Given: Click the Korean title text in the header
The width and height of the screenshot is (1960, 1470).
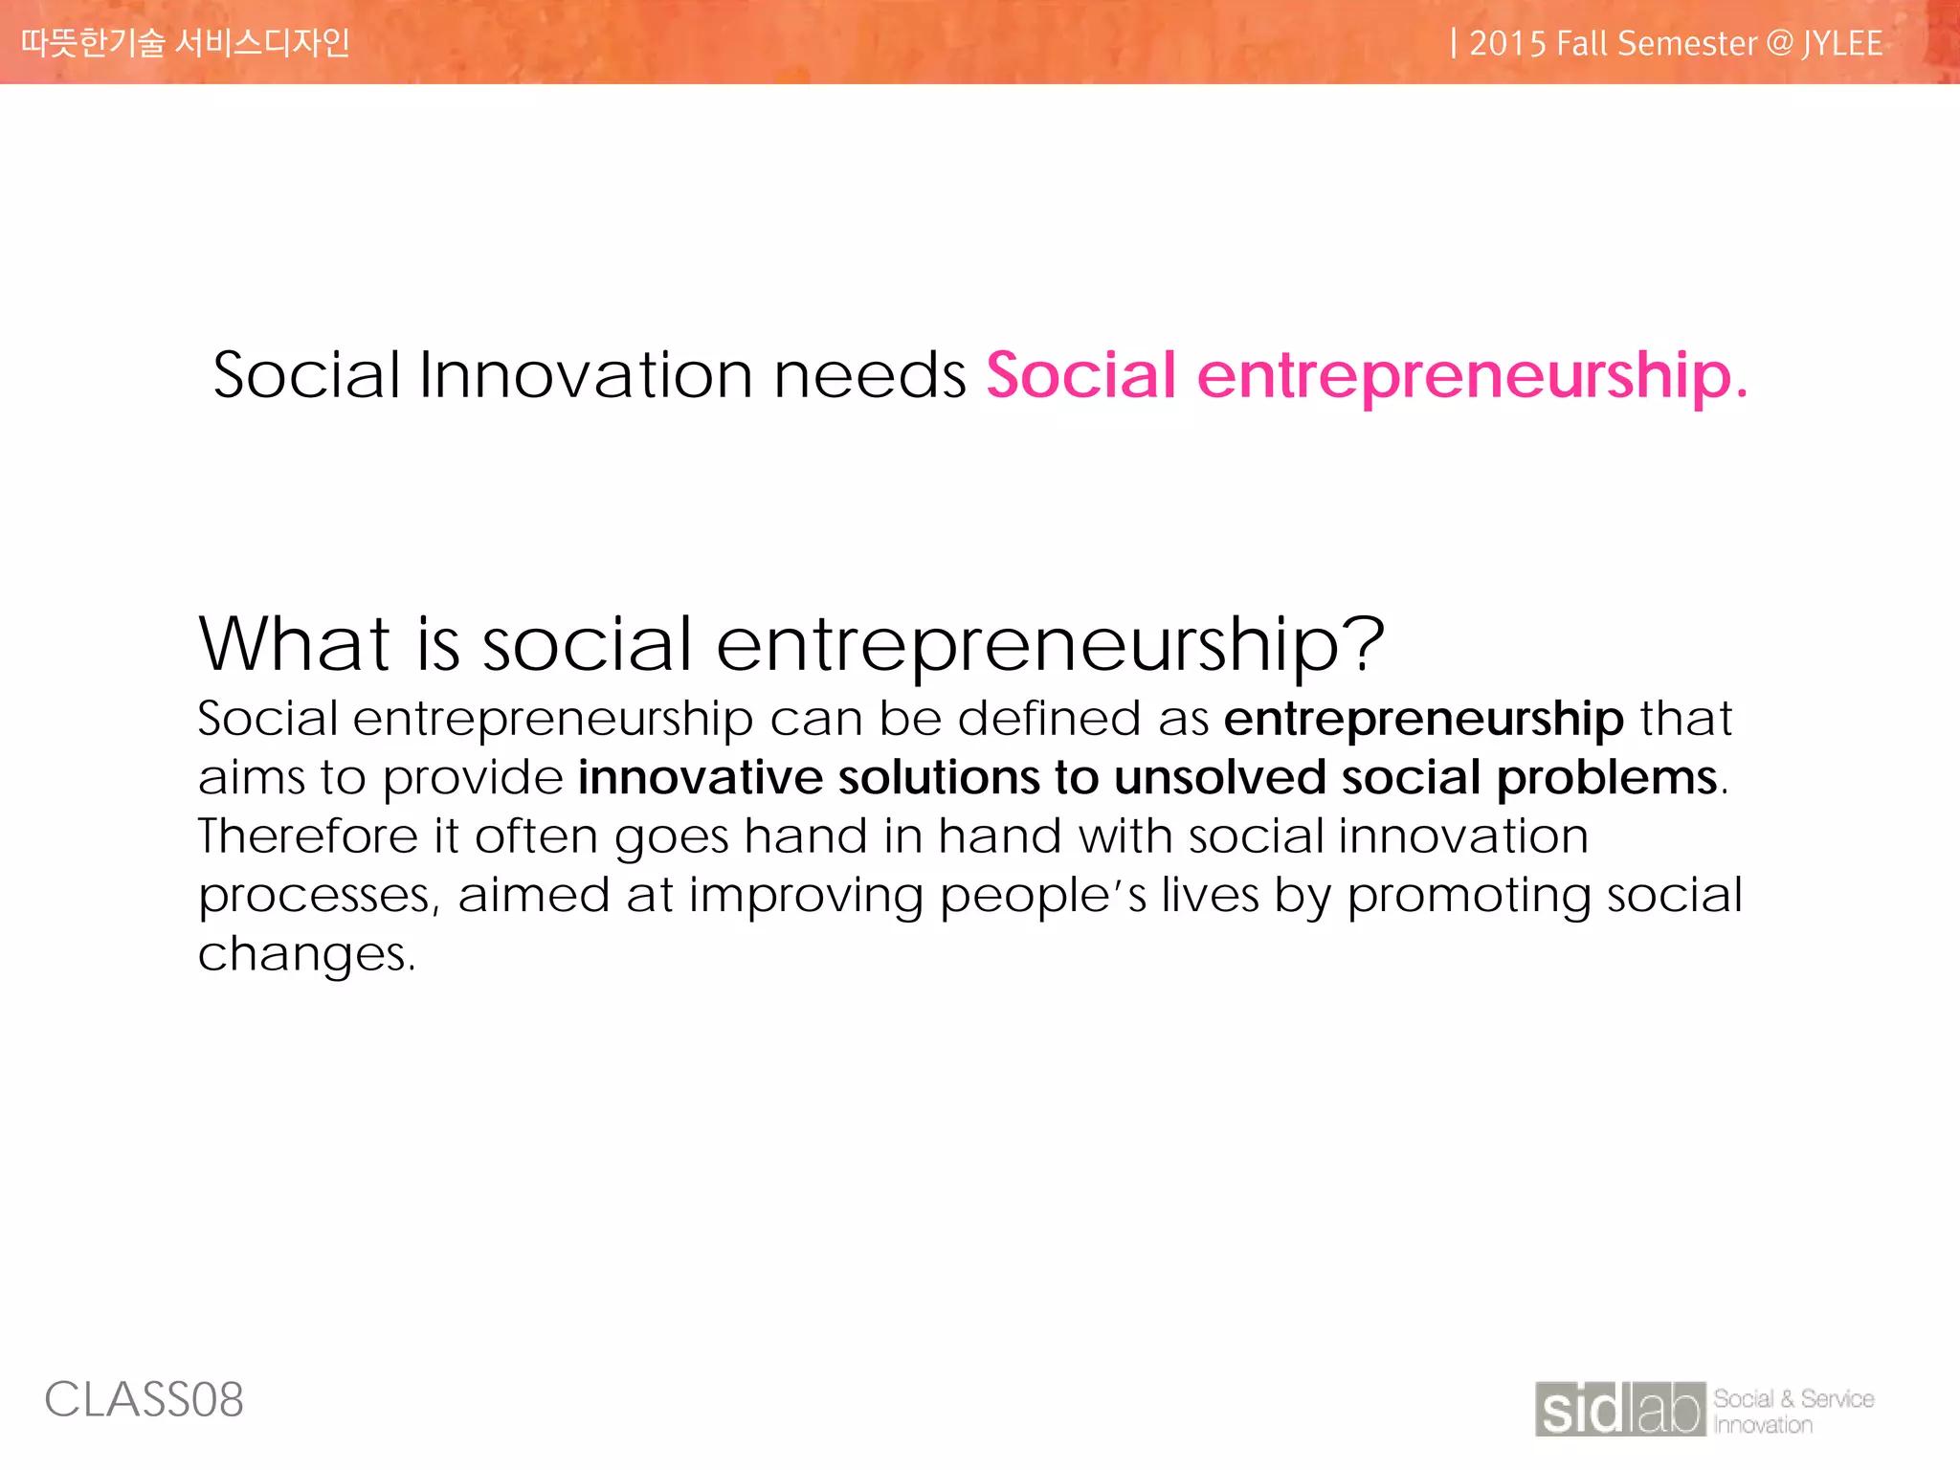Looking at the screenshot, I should click(186, 43).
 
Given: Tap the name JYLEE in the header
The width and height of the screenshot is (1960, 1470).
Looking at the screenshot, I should click(1842, 44).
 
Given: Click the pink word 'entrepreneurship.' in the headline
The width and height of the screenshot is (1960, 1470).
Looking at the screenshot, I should click(1472, 375).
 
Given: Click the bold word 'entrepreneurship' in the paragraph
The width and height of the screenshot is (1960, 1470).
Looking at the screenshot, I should click(1423, 719).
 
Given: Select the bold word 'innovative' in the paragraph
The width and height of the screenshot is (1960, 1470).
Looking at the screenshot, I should click(700, 777).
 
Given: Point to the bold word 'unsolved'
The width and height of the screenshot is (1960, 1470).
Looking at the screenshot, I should click(1219, 777).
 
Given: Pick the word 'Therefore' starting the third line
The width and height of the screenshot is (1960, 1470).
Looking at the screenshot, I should click(307, 836).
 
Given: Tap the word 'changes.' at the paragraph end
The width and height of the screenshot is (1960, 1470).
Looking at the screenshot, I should click(306, 954).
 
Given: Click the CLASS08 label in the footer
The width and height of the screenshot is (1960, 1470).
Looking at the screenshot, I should click(145, 1400).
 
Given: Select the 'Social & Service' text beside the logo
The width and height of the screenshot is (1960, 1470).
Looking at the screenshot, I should click(1793, 1398).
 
